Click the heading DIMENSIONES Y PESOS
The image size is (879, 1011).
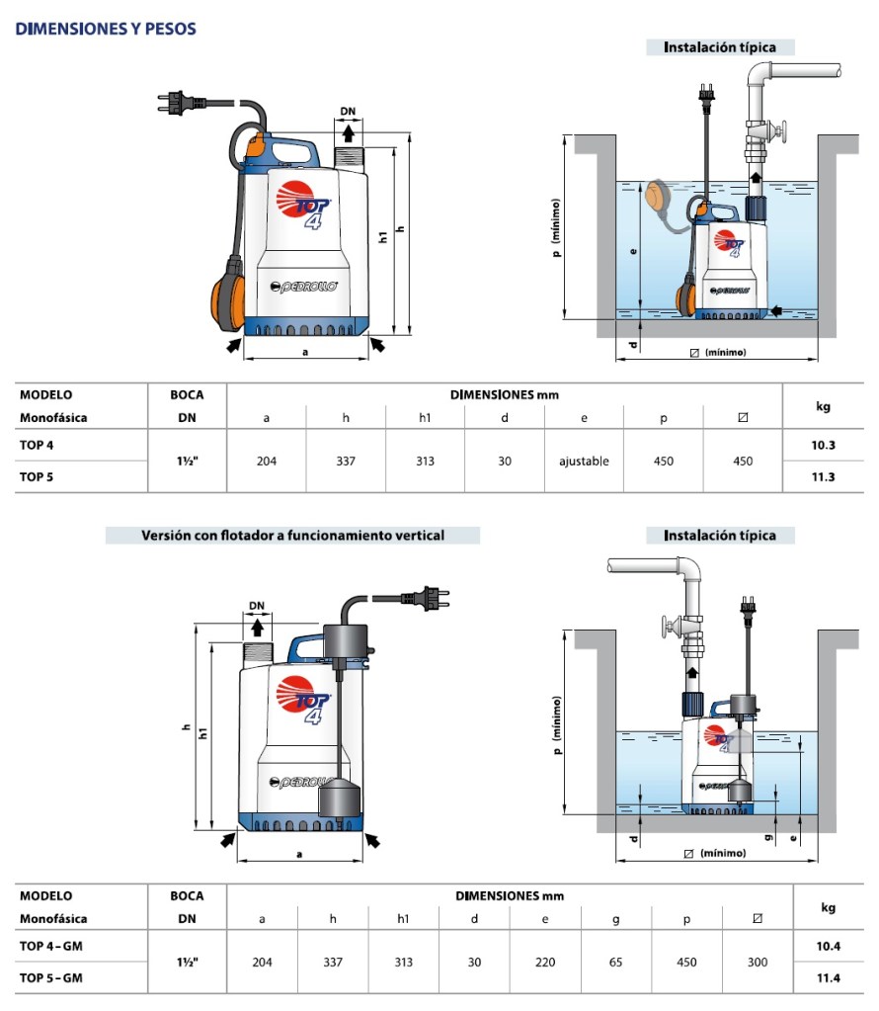tap(106, 30)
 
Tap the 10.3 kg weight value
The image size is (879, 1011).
tap(823, 446)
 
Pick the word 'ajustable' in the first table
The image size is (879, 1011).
tap(584, 462)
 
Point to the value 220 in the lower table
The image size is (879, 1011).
tap(545, 962)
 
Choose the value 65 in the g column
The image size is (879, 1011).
tap(615, 962)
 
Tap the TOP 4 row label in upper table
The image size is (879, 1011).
tap(38, 446)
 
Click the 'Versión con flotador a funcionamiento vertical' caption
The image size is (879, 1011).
tap(292, 536)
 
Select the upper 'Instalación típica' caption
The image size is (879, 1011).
tap(719, 47)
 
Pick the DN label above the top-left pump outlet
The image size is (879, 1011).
tap(349, 112)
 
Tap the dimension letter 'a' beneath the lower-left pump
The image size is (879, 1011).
tap(299, 851)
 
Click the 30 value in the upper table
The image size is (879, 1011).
tap(505, 462)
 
